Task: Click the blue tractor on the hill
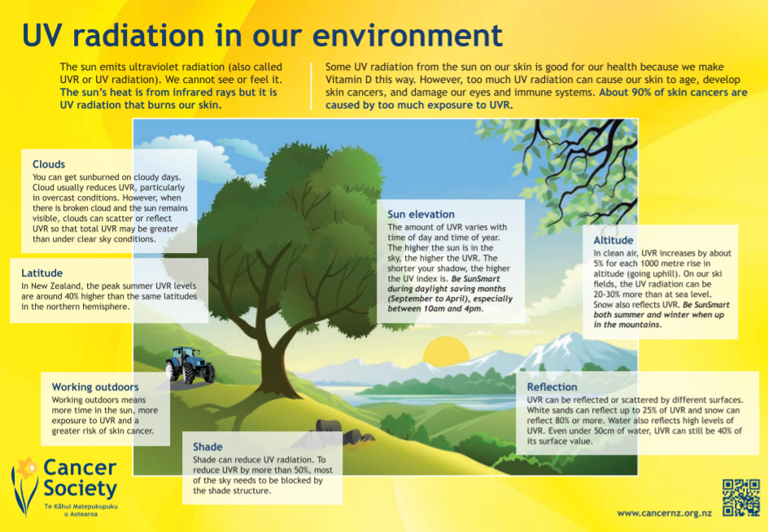point(190,365)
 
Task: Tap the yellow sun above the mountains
point(446,352)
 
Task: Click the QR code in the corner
point(740,498)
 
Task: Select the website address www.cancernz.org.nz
point(664,513)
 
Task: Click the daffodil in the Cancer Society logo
point(25,486)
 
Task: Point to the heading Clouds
point(49,164)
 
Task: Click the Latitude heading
point(41,273)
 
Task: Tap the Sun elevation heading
point(421,214)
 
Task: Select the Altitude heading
point(613,240)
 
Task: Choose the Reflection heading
point(552,386)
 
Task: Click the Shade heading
point(207,447)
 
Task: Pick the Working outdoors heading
point(95,386)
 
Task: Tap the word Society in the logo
point(81,488)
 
